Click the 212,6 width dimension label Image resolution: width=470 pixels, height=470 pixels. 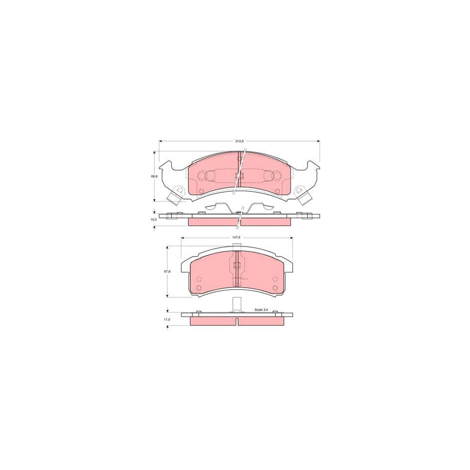[240, 142]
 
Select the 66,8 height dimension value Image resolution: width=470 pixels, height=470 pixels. [154, 177]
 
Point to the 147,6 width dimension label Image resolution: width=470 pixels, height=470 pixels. [236, 238]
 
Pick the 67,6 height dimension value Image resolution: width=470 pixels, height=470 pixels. [167, 271]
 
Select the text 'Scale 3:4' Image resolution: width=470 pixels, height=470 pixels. [261, 310]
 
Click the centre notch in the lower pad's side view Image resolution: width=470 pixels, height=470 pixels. [237, 320]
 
